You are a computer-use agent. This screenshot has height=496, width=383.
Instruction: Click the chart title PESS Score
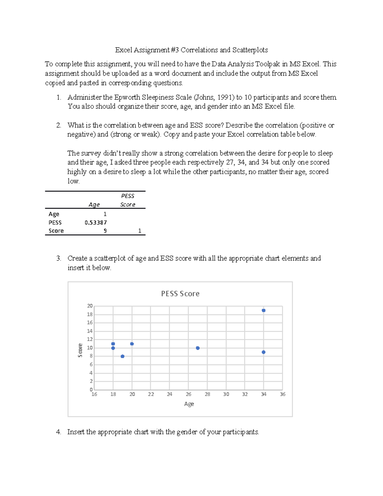pos(180,294)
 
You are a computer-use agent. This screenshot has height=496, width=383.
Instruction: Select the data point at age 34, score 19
pos(264,310)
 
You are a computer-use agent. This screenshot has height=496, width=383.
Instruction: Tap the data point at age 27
pos(198,348)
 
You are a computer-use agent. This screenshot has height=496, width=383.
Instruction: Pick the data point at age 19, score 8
pos(123,356)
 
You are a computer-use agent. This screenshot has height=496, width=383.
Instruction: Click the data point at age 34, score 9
pos(264,352)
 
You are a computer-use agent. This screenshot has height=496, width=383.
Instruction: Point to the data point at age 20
pos(132,344)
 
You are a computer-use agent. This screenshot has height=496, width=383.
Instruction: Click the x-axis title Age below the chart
pos(189,404)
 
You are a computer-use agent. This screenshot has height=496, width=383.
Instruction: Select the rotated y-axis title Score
pos(80,350)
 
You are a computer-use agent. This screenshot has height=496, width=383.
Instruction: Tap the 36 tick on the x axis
pos(282,394)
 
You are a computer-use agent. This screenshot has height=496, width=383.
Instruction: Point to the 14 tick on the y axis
pos(90,331)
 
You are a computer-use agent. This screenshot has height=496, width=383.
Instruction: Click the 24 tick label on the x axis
pos(169,394)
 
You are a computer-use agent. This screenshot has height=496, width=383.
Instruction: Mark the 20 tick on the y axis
pos(90,306)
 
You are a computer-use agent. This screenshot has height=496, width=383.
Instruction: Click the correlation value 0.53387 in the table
pos(95,223)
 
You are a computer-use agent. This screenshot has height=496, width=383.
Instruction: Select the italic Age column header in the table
pos(94,205)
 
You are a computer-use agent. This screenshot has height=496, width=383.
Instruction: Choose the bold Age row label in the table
pos(54,214)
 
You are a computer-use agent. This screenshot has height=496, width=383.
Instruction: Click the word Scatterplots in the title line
pos(250,50)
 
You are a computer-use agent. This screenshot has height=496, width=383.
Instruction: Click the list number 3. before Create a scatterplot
pos(59,258)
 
